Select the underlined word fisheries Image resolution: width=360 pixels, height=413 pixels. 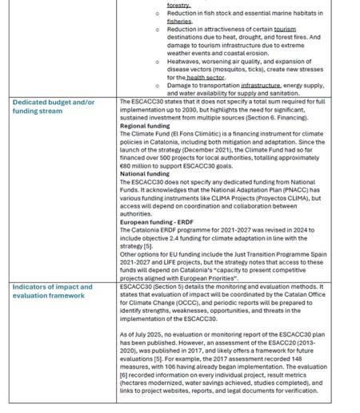(179, 22)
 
